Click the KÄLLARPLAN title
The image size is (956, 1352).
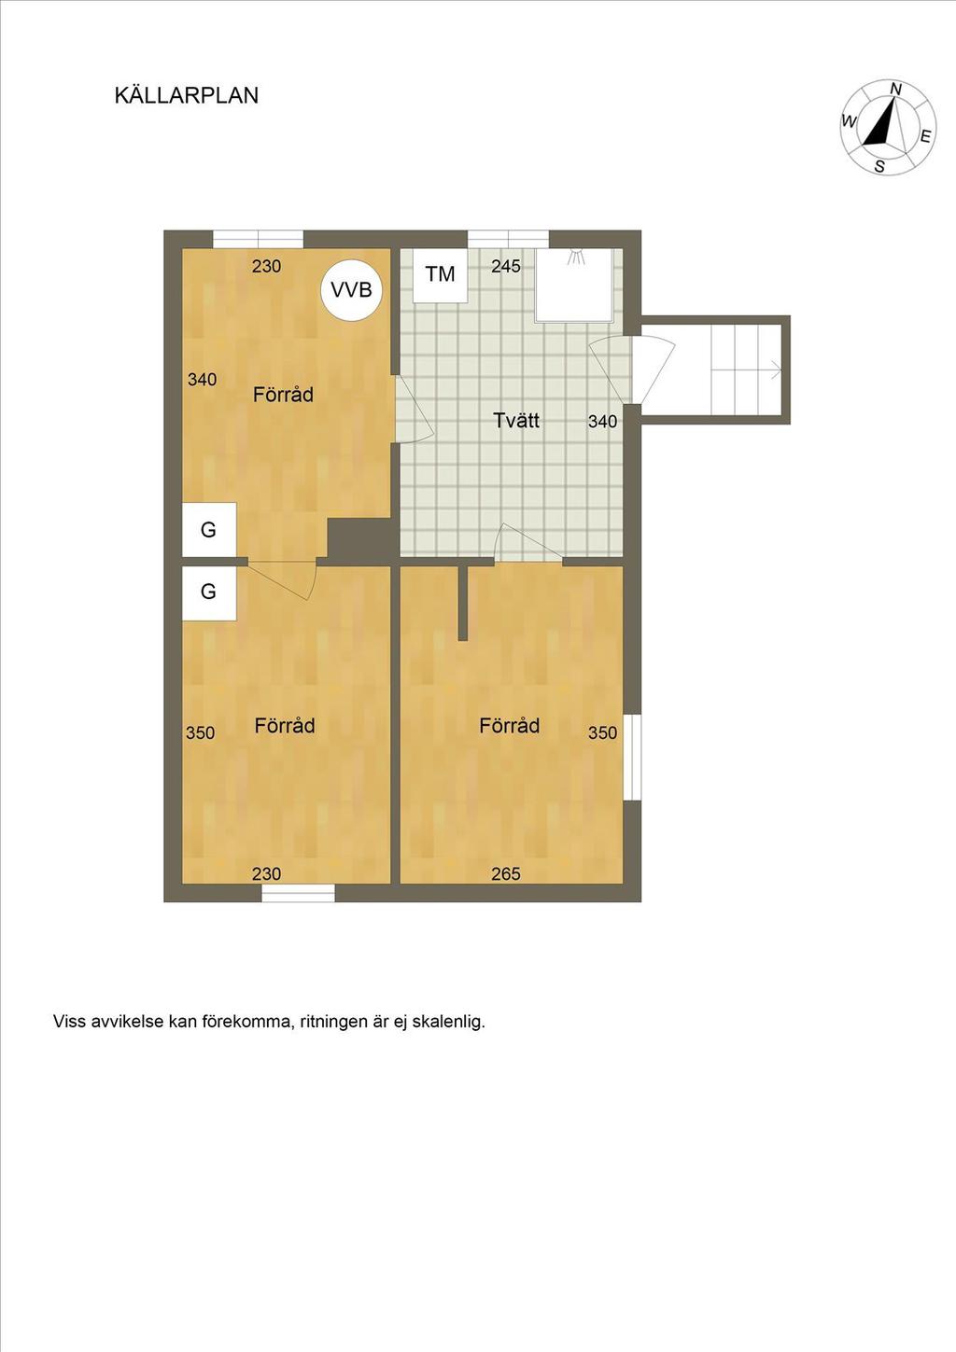coord(186,95)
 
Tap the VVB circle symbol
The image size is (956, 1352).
coord(351,290)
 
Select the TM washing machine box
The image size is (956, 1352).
coord(441,275)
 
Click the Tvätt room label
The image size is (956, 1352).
coord(516,420)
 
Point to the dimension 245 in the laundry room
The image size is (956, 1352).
coord(505,266)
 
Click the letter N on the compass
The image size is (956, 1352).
coord(896,89)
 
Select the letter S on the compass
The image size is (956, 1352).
coord(879,167)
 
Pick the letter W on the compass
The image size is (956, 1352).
coord(849,122)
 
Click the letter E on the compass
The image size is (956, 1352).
coord(926,136)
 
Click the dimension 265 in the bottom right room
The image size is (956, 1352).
coord(505,873)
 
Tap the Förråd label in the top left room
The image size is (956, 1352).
coord(283,395)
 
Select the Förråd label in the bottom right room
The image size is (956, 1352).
coord(509,725)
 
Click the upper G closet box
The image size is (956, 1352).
coord(209,529)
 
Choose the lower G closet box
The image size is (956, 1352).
coord(209,592)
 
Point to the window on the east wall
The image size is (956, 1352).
coord(632,758)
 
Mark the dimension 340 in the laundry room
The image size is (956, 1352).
coord(602,422)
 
